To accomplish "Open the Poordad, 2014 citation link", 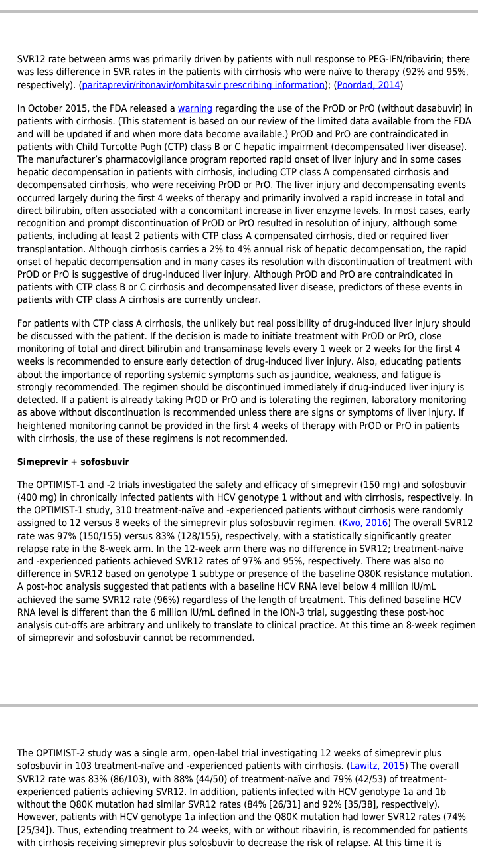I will pos(368,85).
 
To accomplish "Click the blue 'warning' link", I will pos(195,108).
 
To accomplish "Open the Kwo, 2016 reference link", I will pos(364,523).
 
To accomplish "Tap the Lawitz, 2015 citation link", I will pos(377,766).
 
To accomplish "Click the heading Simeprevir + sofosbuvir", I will pos(73,462).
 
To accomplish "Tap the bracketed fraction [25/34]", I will pos(40,829).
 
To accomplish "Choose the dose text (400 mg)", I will pos(41,498).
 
